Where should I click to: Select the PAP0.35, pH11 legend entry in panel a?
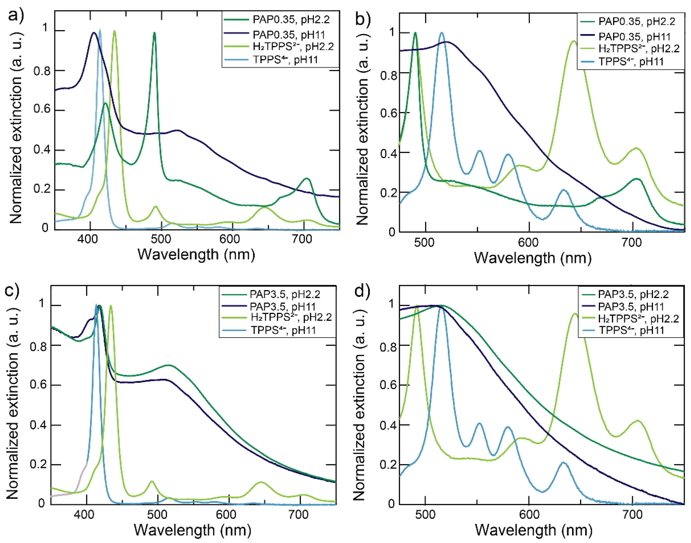click(288, 34)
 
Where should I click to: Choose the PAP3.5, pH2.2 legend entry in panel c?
click(285, 294)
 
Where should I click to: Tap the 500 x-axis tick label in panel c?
click(157, 514)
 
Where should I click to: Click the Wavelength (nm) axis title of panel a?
click(196, 255)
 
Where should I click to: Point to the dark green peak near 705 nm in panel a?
click(307, 179)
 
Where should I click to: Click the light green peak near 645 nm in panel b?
click(573, 41)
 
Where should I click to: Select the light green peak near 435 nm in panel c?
click(111, 306)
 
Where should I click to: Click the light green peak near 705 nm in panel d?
click(637, 421)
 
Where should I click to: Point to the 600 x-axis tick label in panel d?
click(529, 514)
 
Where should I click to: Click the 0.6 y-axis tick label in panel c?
click(38, 385)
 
